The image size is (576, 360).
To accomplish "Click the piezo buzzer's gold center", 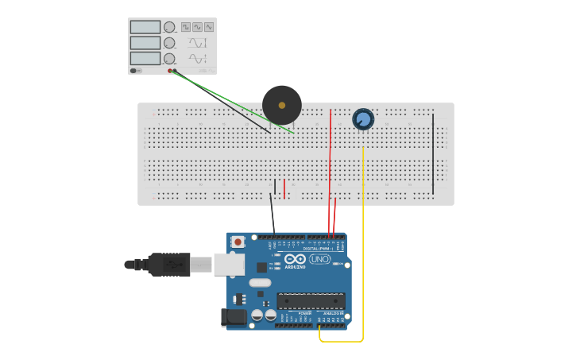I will click(x=281, y=105).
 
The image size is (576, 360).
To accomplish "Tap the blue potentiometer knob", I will click(x=363, y=119).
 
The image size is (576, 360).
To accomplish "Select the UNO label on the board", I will click(x=319, y=259).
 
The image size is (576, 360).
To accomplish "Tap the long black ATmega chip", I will click(x=311, y=301).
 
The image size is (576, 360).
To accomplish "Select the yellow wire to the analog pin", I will click(x=363, y=238).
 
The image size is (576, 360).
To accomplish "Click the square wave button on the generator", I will click(x=186, y=27).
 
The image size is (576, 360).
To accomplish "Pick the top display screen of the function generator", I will click(x=145, y=27).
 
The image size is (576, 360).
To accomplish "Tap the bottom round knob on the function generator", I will click(x=169, y=59).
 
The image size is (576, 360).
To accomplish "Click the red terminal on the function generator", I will click(x=170, y=71).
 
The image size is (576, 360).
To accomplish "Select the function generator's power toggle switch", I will click(x=134, y=71).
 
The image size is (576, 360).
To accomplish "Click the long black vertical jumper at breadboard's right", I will click(x=433, y=153).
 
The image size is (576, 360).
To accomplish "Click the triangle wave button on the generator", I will click(x=208, y=27).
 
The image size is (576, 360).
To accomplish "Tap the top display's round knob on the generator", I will click(x=169, y=27).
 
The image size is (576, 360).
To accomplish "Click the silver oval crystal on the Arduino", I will click(x=260, y=282).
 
